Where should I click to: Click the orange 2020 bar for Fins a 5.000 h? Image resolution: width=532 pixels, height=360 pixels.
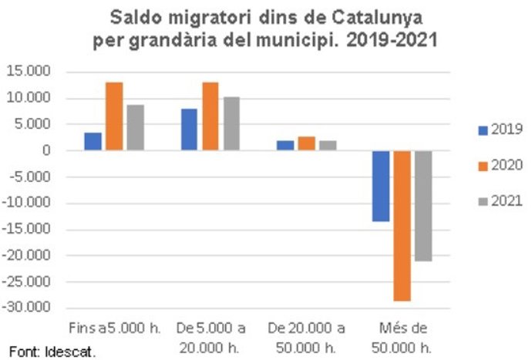[114, 116]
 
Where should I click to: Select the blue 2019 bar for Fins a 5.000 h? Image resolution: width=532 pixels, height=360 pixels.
[93, 142]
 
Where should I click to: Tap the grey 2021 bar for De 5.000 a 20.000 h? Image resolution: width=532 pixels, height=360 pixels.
[232, 124]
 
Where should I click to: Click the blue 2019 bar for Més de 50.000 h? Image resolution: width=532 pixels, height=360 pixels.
[382, 186]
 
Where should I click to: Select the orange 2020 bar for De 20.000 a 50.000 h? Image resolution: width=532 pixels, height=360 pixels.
[307, 144]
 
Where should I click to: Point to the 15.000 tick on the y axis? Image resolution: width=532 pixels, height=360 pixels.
[29, 72]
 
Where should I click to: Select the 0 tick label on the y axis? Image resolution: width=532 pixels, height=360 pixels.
[47, 150]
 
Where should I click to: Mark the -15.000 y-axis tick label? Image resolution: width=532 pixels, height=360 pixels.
[27, 229]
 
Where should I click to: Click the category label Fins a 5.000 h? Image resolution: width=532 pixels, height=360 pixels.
[114, 327]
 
